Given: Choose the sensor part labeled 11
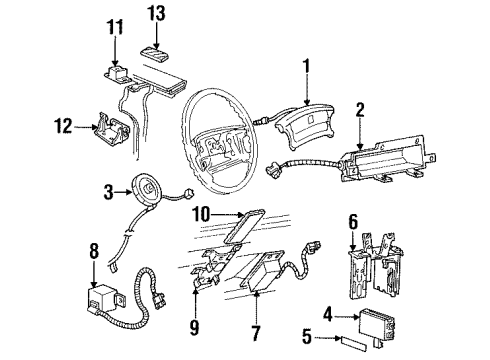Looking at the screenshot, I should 121,72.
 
